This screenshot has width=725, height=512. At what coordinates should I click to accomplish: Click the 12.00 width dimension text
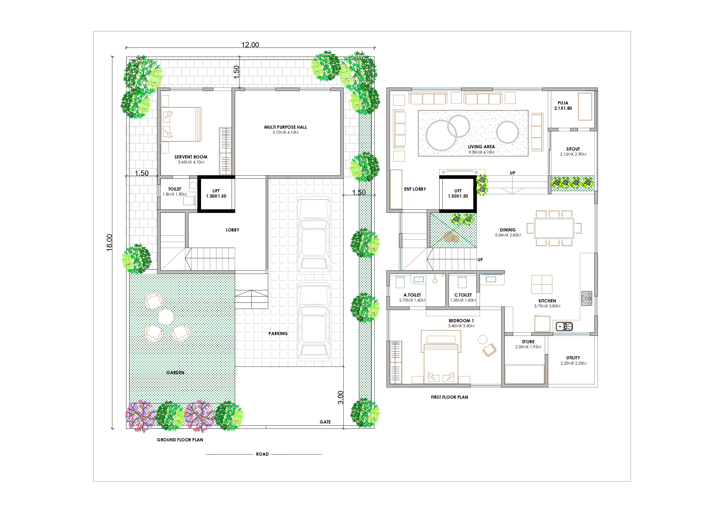[x=250, y=45]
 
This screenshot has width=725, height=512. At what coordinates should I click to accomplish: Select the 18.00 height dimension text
[x=109, y=242]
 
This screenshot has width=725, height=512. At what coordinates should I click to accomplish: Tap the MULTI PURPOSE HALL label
[x=285, y=127]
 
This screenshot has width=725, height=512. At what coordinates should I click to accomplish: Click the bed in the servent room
[x=181, y=124]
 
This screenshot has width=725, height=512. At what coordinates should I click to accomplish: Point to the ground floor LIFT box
[x=216, y=194]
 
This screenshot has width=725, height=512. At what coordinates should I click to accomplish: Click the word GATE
[x=325, y=422]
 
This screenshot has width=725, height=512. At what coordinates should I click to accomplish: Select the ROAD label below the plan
[x=262, y=454]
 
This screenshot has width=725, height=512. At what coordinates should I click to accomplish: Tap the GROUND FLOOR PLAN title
[x=180, y=440]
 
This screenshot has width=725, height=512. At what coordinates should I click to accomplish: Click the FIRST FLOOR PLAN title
[x=449, y=397]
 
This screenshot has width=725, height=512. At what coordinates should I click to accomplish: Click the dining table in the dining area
[x=554, y=228]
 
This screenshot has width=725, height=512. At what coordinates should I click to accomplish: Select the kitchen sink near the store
[x=564, y=326]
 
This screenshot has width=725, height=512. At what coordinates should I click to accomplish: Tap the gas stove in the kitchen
[x=587, y=298]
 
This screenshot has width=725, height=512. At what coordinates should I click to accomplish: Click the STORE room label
[x=528, y=342]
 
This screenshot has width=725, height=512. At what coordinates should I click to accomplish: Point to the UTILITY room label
[x=573, y=358]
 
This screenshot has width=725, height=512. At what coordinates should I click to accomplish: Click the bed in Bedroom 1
[x=440, y=360]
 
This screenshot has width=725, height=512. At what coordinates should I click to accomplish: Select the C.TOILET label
[x=463, y=295]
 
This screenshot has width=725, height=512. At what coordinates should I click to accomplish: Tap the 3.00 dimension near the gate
[x=340, y=398]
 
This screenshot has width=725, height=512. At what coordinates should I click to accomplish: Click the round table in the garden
[x=165, y=317]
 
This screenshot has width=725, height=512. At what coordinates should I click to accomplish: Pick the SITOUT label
[x=573, y=149]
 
